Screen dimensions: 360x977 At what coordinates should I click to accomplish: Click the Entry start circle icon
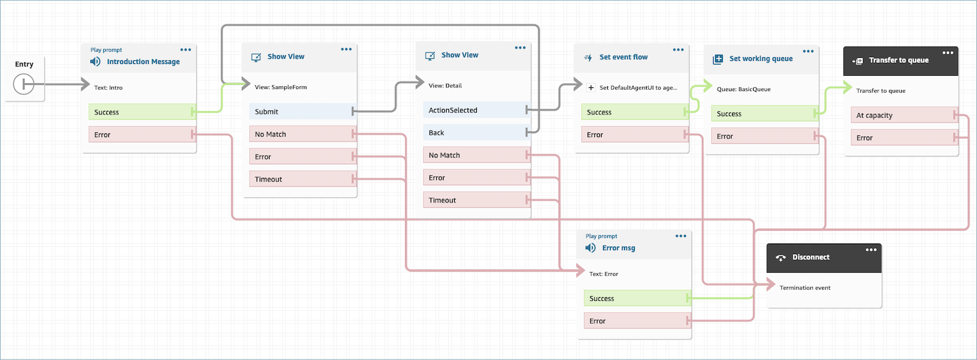click(23, 84)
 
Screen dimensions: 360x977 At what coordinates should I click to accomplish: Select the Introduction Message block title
click(143, 62)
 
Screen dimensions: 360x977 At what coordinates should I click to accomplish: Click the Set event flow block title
click(623, 57)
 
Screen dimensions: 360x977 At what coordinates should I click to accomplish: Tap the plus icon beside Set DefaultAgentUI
click(591, 87)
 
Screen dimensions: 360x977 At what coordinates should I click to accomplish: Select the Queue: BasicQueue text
click(743, 89)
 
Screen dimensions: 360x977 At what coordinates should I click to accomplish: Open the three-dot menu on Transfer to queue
click(947, 52)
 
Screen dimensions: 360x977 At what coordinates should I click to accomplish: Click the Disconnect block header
click(811, 257)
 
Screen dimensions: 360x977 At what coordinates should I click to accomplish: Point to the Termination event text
click(805, 287)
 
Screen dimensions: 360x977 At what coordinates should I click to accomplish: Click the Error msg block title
click(618, 248)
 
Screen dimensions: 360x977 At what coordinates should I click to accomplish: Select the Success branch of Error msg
click(636, 298)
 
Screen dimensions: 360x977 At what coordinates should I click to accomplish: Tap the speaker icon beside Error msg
click(591, 248)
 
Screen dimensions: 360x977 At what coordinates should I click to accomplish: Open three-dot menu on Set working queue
click(808, 51)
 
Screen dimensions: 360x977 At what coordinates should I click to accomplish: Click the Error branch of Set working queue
click(763, 136)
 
